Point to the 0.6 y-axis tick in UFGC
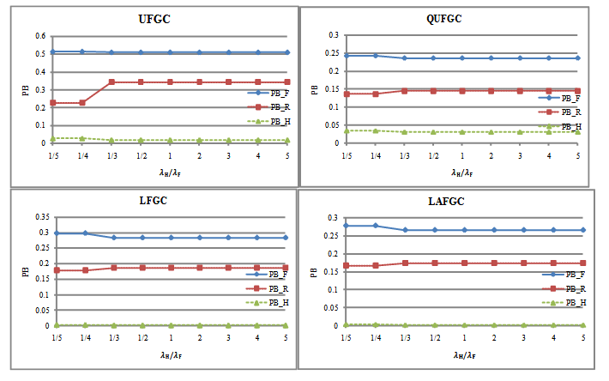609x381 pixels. [x=39, y=36]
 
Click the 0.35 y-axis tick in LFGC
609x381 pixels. [x=37, y=218]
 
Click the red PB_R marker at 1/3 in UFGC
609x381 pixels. [x=112, y=82]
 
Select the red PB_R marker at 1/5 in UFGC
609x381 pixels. [x=52, y=103]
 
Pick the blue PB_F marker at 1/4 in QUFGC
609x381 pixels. [x=376, y=55]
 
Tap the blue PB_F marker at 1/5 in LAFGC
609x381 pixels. [x=346, y=226]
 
